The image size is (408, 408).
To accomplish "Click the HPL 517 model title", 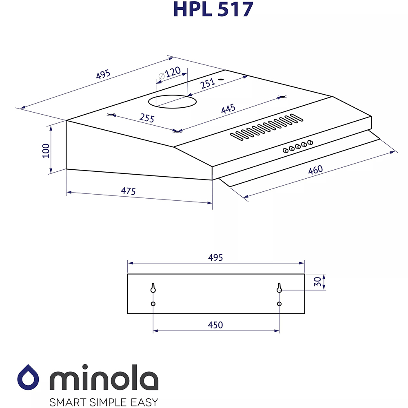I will point(213,9).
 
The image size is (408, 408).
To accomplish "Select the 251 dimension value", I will point(208,84).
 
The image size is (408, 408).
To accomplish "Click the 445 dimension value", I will point(228,109).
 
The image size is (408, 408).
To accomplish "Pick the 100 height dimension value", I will point(45,150).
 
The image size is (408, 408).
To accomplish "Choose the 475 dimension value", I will point(128,191).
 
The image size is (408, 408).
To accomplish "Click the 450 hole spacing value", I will point(215,325).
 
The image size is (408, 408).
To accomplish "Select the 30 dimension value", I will point(318,282).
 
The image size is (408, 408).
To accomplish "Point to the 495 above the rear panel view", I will point(215,257).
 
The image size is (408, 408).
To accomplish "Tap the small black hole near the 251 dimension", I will point(221,79).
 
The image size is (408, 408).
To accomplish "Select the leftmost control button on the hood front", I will point(286,150).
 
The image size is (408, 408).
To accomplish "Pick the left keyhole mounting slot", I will point(153,288).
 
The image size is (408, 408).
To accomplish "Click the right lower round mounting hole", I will point(279,304).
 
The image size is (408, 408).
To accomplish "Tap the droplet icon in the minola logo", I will point(31,378).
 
